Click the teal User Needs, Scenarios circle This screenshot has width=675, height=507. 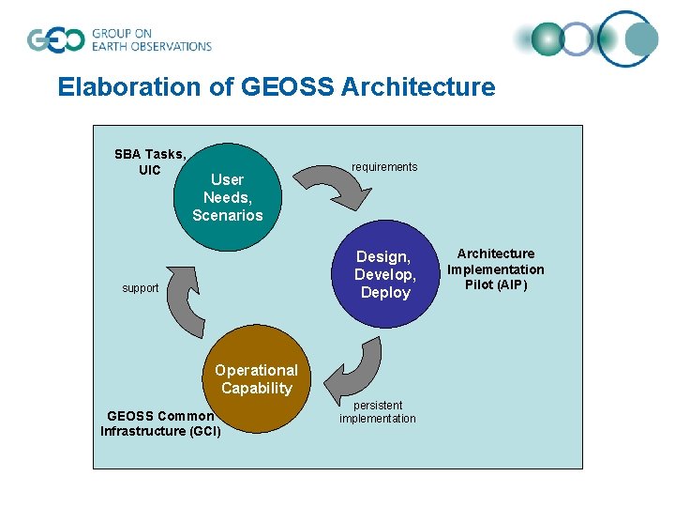point(228,197)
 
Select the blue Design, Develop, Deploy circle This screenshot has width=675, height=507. point(385,274)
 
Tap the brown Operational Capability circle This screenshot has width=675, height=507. point(256,379)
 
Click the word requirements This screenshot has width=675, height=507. point(384,167)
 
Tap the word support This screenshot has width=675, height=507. point(141,288)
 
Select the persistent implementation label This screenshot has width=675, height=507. point(378,412)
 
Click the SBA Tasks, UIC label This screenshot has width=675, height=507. point(150,161)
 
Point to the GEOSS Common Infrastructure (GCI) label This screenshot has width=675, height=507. point(160,423)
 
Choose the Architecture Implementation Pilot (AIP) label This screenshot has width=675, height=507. point(495,269)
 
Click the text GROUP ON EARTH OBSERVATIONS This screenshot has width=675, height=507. point(151,39)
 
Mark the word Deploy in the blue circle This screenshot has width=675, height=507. point(385,292)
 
